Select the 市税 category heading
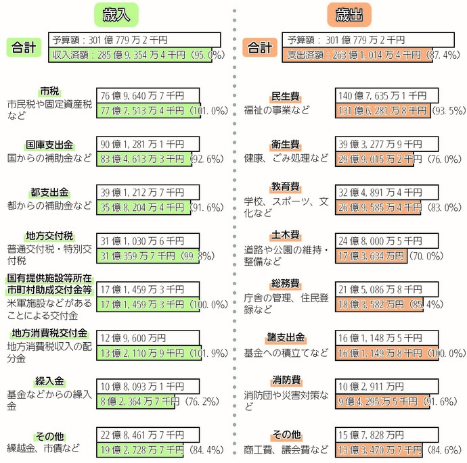coord(49,91)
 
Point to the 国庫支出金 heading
coord(49,145)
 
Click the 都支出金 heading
coord(49,192)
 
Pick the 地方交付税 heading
coord(49,236)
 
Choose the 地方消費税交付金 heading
coord(49,334)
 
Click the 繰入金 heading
coord(49,381)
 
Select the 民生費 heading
coord(286,96)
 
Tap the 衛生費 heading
coord(286,145)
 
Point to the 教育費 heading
coord(286,186)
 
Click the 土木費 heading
coord(286,235)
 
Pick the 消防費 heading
coord(286,381)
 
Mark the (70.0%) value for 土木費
coord(424,255)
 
